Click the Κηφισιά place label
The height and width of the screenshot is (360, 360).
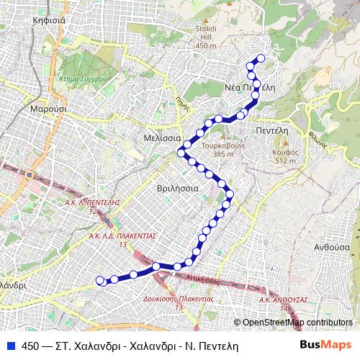coord(49,20)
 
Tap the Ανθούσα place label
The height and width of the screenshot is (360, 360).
coord(331,246)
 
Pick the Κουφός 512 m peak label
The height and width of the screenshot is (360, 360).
coord(285,156)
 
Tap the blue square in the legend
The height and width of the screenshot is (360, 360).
coord(11,346)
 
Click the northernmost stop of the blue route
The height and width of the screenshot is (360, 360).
coord(260,58)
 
